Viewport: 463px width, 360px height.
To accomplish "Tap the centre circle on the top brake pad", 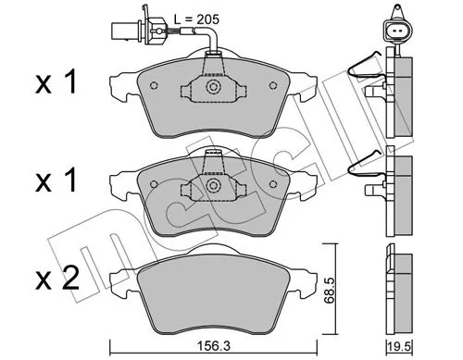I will tap(213, 88).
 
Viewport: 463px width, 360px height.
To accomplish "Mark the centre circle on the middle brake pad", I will tap(213, 184).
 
